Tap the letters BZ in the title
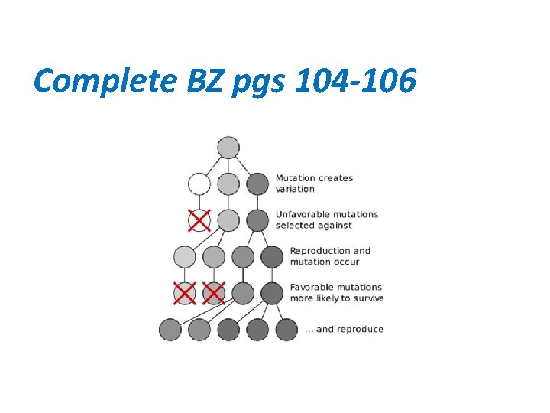[x=201, y=80]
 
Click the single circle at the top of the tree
[x=228, y=148]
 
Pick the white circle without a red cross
[x=199, y=184]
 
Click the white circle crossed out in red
[x=199, y=220]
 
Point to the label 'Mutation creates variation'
[x=314, y=184]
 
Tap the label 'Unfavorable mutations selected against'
[x=326, y=220]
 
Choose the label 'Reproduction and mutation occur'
[x=330, y=256]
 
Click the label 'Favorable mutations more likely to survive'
[x=336, y=292]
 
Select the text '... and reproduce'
[x=344, y=329]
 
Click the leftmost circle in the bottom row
[x=170, y=330]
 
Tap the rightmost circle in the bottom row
[x=286, y=330]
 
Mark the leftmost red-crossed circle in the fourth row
[x=185, y=293]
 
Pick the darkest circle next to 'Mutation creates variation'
[x=257, y=184]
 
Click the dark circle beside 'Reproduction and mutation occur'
[x=272, y=256]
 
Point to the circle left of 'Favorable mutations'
[x=272, y=293]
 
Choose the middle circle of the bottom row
[x=228, y=330]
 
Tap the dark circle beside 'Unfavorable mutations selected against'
[x=257, y=220]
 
